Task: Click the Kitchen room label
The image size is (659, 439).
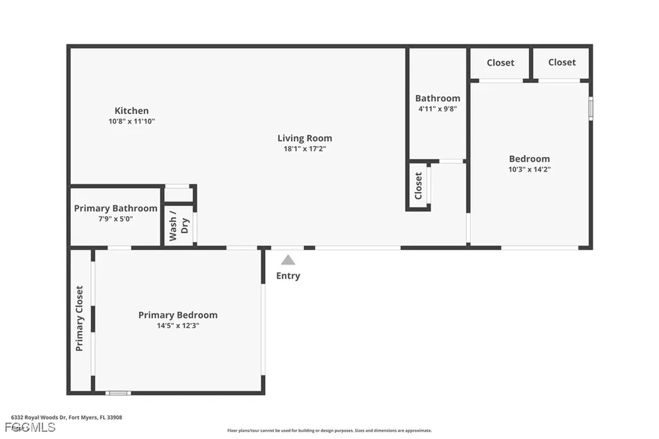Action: click(131, 111)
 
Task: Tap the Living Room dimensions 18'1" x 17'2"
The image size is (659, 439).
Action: click(304, 149)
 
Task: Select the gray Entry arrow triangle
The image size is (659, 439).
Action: click(288, 260)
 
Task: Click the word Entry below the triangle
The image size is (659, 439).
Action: click(288, 276)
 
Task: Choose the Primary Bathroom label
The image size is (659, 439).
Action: click(115, 209)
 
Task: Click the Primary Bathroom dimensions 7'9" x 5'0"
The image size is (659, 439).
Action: click(115, 219)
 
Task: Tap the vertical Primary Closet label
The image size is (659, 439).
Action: click(80, 318)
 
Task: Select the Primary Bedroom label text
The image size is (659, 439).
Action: click(178, 315)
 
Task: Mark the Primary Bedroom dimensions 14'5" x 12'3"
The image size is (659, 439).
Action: click(178, 325)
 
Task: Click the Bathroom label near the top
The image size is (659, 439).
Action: click(438, 98)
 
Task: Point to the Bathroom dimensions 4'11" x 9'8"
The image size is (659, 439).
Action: click(438, 109)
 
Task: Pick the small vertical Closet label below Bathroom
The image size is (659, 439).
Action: click(418, 185)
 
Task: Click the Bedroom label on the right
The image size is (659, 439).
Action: click(529, 159)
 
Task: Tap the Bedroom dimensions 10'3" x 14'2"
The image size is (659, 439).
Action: click(529, 169)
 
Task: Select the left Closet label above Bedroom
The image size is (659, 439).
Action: click(500, 62)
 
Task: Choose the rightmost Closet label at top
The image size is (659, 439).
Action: click(562, 62)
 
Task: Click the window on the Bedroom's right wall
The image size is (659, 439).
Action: click(590, 108)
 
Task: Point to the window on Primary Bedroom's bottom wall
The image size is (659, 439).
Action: click(118, 393)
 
